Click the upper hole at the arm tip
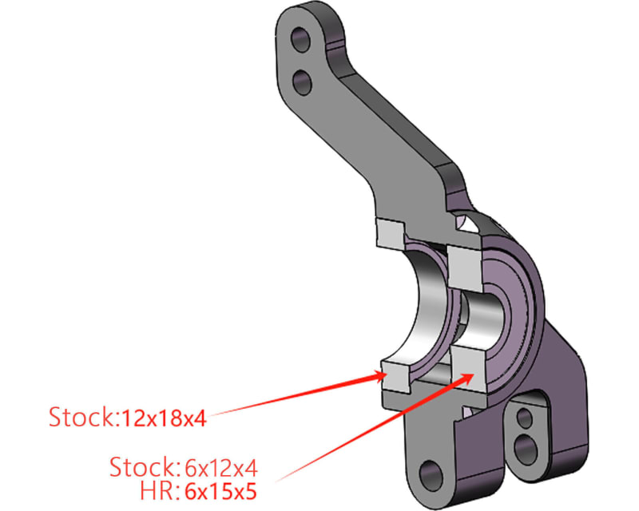click(302, 38)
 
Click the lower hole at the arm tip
click(304, 79)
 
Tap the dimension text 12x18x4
click(164, 417)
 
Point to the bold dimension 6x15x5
click(225, 490)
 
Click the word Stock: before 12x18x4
click(83, 417)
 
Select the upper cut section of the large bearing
click(391, 233)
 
